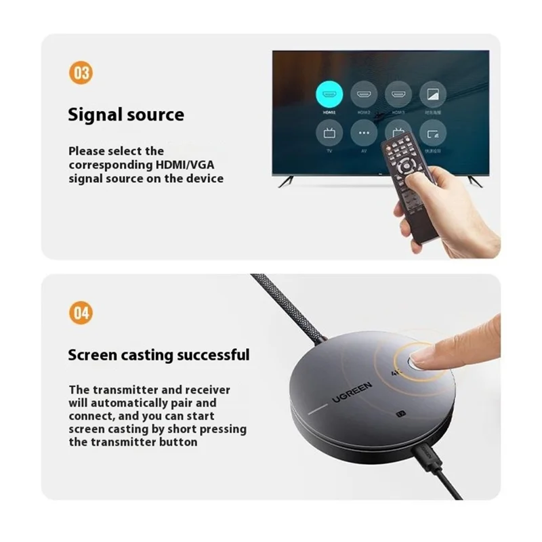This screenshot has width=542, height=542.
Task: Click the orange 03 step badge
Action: pos(81,73)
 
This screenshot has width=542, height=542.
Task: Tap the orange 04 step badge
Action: pos(81,313)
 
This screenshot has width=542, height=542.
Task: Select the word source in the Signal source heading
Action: pos(155,114)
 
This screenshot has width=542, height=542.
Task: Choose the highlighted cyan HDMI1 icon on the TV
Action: pos(330,95)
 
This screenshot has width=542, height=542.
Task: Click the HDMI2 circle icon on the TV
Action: pos(364,95)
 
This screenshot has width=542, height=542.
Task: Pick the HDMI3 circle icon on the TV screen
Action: pos(398,95)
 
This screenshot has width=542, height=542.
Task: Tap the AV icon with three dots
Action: pos(364,133)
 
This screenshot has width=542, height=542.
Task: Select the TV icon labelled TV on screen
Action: pos(330,133)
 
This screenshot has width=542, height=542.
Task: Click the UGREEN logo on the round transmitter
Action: pos(351,392)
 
